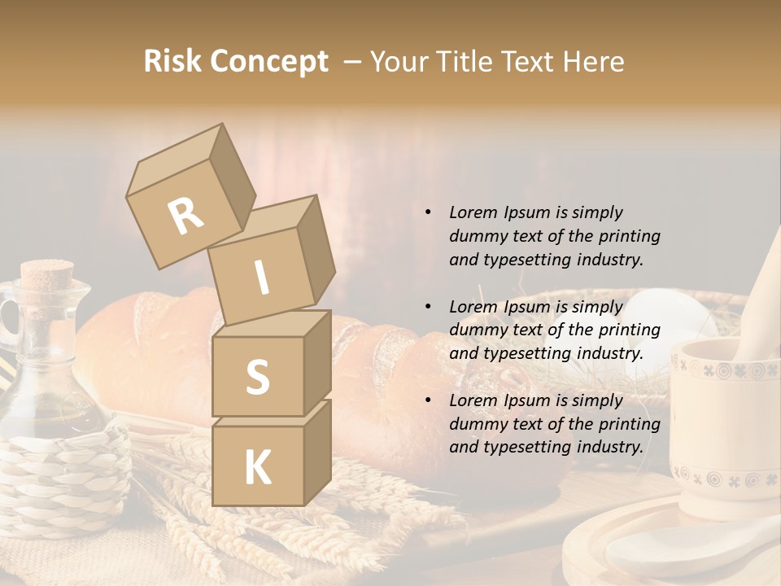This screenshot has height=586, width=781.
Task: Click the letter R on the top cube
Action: coord(185,216)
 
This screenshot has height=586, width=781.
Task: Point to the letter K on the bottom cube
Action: coord(257,468)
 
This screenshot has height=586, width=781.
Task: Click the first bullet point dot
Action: coord(427,212)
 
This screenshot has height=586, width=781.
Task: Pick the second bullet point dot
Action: coord(427,307)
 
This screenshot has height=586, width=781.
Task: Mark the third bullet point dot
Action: coord(427,400)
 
